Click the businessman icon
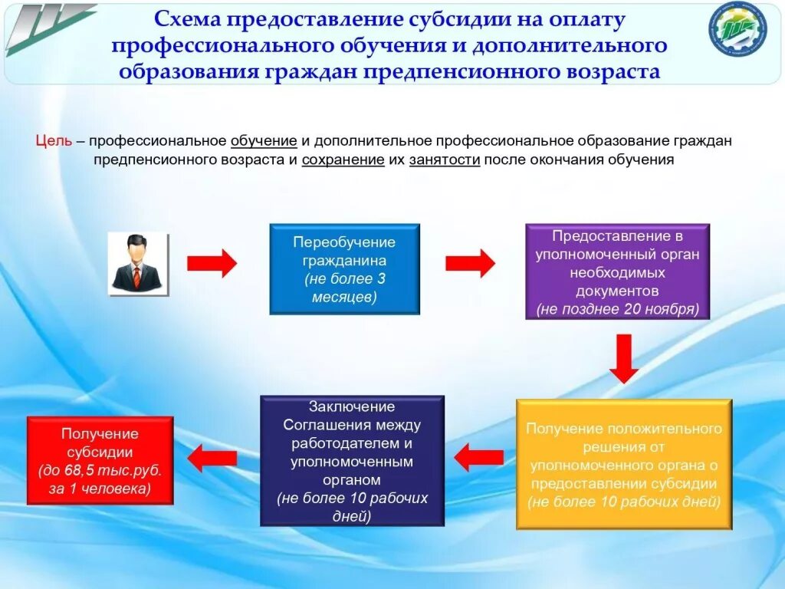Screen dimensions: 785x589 138,264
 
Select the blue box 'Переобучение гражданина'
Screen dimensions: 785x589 344,269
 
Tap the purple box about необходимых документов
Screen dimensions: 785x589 617,271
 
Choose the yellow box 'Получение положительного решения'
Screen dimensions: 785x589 623,464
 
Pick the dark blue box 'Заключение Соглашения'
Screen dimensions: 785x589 352,460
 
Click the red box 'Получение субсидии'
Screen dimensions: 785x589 100,460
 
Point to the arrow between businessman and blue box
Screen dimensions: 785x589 212,263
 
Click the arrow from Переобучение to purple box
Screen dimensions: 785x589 470,263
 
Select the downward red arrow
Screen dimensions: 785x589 625,357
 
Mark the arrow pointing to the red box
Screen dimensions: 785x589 212,458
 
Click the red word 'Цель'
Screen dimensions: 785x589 54,141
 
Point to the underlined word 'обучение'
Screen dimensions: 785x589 263,141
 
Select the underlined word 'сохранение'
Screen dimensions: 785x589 343,160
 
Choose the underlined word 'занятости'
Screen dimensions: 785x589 445,160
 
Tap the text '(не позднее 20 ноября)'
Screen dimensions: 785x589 617,309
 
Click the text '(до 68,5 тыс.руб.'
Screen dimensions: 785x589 100,470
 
